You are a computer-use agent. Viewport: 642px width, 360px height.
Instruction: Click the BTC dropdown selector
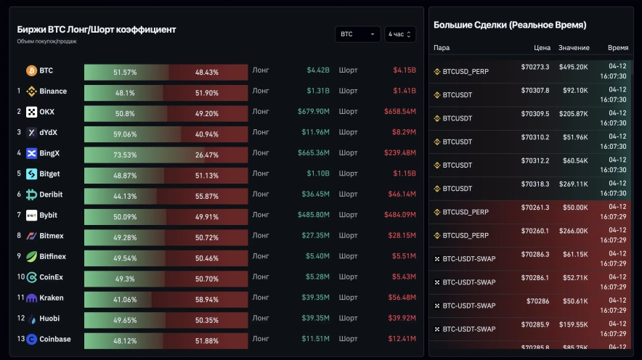pos(357,34)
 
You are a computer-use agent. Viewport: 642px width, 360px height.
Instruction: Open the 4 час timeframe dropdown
pos(400,34)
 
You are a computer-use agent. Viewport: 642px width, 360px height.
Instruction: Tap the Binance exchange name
pos(53,91)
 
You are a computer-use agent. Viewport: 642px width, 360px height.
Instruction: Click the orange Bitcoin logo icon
pos(31,71)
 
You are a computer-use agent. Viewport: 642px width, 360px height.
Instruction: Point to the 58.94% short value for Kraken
pos(207,298)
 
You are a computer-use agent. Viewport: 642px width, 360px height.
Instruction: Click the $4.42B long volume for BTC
pos(318,70)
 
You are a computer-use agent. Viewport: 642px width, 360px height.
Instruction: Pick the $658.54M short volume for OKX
pos(399,112)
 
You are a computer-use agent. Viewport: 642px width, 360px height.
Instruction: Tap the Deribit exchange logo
pos(31,195)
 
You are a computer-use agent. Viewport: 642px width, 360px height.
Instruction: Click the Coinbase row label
pos(55,339)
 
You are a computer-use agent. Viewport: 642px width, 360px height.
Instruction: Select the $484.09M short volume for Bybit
pos(399,216)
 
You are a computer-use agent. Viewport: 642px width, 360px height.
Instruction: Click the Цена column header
pos(542,48)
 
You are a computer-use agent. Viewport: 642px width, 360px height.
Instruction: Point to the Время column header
pos(618,48)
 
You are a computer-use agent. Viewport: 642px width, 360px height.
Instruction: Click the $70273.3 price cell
pos(535,67)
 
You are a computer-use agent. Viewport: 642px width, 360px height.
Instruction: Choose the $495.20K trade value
pos(573,67)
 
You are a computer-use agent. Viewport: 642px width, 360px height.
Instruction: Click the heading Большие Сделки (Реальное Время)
pos(510,25)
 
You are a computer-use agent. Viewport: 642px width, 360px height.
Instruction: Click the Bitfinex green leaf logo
pos(31,257)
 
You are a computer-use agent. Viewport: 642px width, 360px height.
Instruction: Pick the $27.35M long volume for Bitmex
pos(316,236)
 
